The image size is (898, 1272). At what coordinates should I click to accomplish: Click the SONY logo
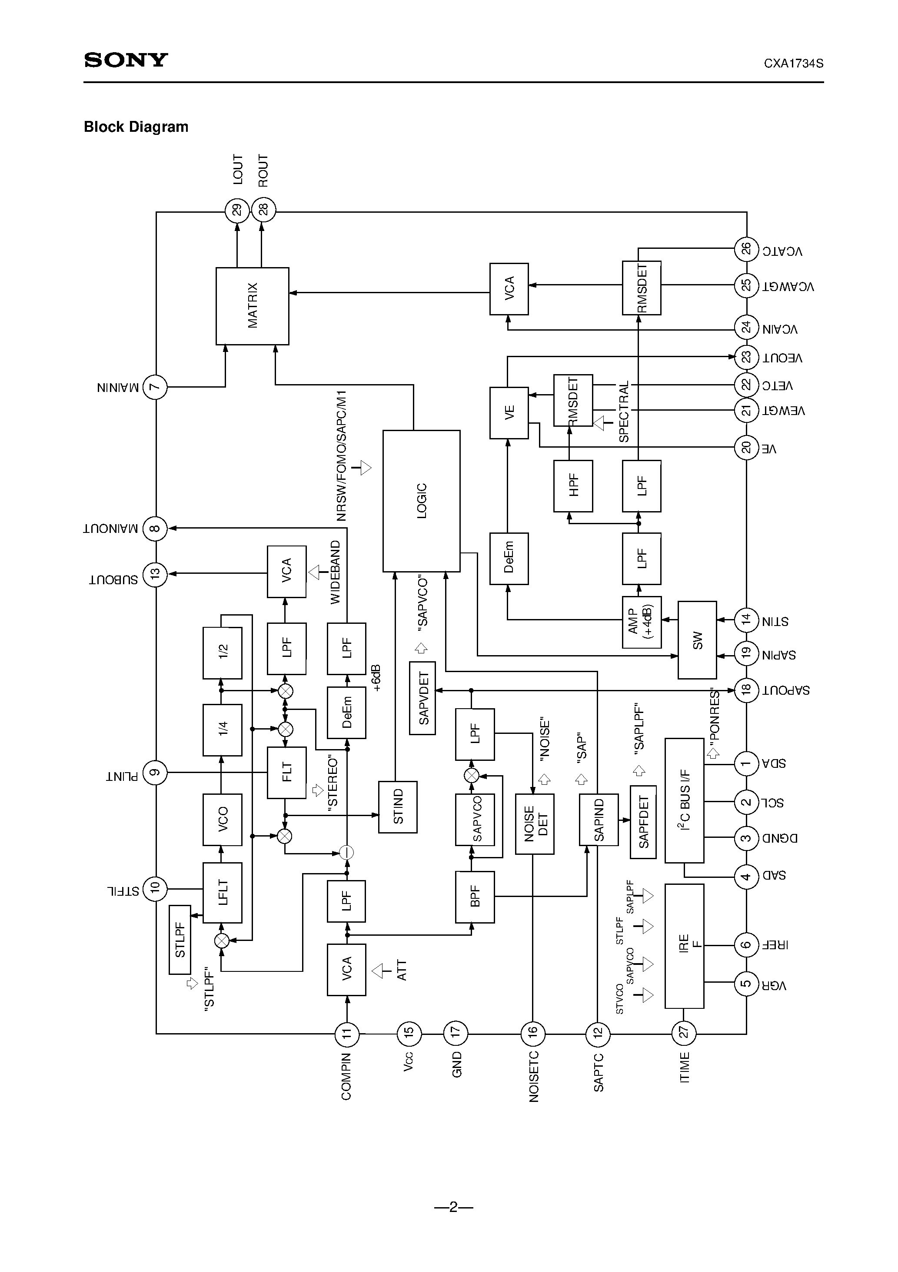pyautogui.click(x=126, y=60)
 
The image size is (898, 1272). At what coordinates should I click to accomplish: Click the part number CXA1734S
pyautogui.click(x=793, y=63)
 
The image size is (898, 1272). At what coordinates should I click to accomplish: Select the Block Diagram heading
pyautogui.click(x=136, y=127)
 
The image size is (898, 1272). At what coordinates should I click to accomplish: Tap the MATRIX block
pyautogui.click(x=252, y=306)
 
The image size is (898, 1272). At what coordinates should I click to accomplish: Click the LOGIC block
pyautogui.click(x=421, y=501)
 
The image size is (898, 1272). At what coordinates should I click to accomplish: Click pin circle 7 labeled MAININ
pyautogui.click(x=155, y=387)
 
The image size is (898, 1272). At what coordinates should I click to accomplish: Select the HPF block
pyautogui.click(x=573, y=486)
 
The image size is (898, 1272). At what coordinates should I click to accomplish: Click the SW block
pyautogui.click(x=697, y=640)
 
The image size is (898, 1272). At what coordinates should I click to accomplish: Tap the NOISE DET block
pyautogui.click(x=534, y=823)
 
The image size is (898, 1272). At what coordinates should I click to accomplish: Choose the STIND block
pyautogui.click(x=398, y=807)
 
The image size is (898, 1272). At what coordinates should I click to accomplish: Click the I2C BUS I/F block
pyautogui.click(x=684, y=800)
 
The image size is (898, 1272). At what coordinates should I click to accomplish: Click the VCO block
pyautogui.click(x=222, y=820)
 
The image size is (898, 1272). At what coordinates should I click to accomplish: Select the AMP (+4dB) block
pyautogui.click(x=641, y=622)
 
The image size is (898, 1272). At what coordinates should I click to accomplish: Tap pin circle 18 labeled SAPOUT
pyautogui.click(x=746, y=690)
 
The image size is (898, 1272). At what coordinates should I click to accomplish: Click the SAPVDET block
pyautogui.click(x=422, y=698)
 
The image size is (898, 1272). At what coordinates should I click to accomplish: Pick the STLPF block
pyautogui.click(x=180, y=940)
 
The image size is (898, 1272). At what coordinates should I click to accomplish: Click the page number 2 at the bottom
pyautogui.click(x=453, y=1207)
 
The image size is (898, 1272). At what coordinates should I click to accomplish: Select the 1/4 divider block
pyautogui.click(x=222, y=730)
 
